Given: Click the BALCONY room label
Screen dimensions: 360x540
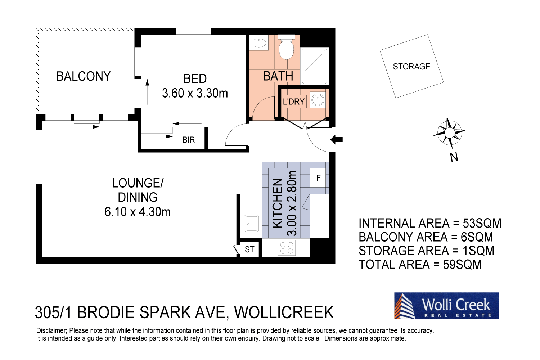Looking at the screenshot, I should click(84, 76).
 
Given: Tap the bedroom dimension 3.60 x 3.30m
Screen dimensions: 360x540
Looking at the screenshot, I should click(195, 93).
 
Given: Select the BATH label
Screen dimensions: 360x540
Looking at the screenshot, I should click(278, 76).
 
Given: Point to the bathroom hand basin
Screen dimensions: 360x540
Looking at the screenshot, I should click(258, 43).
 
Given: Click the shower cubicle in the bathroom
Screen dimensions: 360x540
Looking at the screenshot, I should click(315, 66).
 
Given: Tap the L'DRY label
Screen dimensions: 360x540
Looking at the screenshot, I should click(293, 102).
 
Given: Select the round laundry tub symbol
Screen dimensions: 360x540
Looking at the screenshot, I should click(318, 100).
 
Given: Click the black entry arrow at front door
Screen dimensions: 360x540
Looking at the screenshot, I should click(337, 139).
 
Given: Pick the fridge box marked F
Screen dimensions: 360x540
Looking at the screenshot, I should click(318, 178).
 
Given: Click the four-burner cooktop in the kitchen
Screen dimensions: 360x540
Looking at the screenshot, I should click(287, 248).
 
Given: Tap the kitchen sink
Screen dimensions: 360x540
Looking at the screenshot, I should click(251, 224).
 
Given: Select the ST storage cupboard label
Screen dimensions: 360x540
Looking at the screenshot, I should click(249, 249).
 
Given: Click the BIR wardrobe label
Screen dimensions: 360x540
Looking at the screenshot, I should click(188, 140).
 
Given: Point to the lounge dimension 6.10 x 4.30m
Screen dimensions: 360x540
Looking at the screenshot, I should click(138, 212).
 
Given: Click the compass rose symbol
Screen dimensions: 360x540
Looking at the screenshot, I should click(449, 132).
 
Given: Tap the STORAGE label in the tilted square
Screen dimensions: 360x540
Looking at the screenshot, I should click(411, 67).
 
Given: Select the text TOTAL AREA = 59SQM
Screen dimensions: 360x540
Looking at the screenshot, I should click(420, 265).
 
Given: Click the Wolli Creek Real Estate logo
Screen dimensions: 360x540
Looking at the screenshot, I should click(446, 306).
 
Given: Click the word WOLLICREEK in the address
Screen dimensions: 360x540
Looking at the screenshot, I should click(284, 312).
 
